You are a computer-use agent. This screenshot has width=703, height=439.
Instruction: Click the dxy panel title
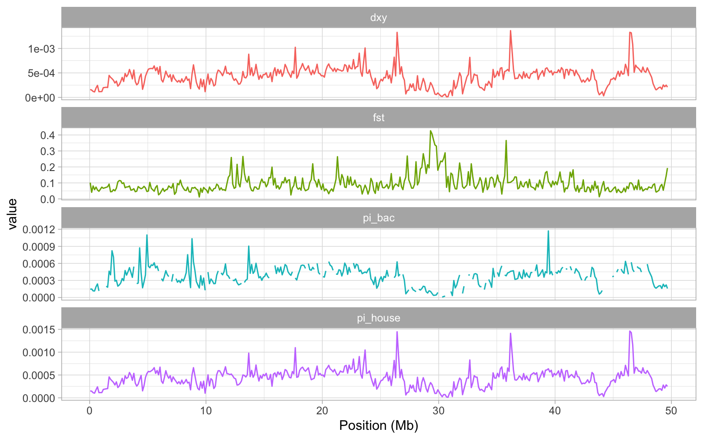(x=379, y=18)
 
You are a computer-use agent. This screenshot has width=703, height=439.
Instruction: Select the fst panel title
(x=379, y=118)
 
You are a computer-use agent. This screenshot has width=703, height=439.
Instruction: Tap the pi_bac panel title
(x=379, y=218)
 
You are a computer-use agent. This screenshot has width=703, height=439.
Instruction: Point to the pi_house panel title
(x=379, y=318)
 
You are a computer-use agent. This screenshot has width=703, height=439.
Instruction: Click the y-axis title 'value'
(x=12, y=214)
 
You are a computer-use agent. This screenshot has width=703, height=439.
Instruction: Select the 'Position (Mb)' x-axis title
(x=379, y=426)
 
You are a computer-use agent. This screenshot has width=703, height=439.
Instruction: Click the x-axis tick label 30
(x=438, y=411)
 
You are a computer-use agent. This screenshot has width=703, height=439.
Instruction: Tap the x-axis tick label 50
(x=671, y=411)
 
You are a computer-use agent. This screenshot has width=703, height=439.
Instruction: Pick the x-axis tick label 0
(x=90, y=411)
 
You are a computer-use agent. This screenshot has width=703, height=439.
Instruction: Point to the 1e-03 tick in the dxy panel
(x=42, y=49)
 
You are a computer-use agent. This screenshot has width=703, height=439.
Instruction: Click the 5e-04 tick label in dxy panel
(x=42, y=73)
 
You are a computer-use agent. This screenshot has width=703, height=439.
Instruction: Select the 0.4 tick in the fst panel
(x=49, y=135)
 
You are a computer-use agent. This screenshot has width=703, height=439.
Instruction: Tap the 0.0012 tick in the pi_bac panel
(x=42, y=230)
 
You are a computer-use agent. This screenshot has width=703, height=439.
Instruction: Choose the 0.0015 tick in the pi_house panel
(x=42, y=330)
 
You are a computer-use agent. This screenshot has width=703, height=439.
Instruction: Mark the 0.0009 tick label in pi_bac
(x=42, y=247)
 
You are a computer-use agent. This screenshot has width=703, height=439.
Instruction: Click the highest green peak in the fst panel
(x=431, y=131)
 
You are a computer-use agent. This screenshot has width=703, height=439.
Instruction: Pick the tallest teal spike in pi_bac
(x=548, y=231)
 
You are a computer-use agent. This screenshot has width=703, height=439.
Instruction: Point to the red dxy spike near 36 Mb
(x=510, y=31)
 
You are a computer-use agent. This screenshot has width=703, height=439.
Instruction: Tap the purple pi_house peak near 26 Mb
(x=397, y=332)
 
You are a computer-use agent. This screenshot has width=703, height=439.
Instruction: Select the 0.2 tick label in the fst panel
(x=49, y=167)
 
